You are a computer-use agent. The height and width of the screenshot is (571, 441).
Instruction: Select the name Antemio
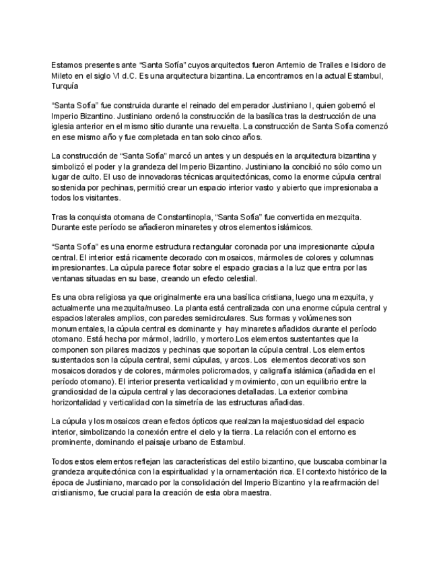pos(265,65)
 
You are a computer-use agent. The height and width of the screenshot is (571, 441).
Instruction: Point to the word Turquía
pos(65,86)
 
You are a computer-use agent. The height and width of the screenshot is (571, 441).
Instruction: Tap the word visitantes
pos(102,198)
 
